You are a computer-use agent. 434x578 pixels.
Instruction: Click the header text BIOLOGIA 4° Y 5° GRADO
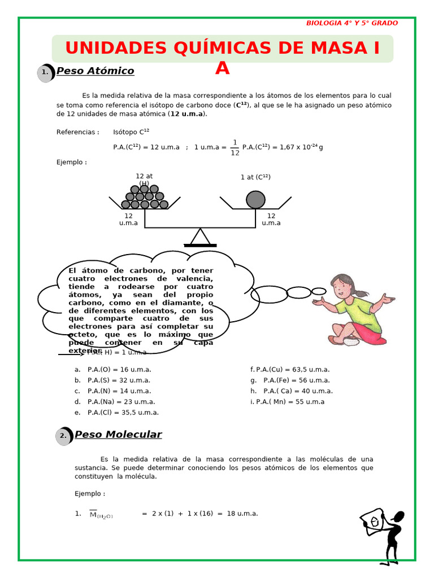tap(351, 23)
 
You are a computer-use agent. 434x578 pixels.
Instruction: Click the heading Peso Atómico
tap(95, 71)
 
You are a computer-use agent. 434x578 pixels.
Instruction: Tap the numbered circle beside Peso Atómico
tap(45, 72)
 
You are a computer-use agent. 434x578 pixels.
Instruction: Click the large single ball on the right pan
tap(255, 199)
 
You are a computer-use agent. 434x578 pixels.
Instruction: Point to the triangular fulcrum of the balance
tap(200, 238)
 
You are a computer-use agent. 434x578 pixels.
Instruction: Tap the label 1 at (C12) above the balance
tap(255, 177)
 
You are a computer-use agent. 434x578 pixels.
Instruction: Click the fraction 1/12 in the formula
tap(235, 147)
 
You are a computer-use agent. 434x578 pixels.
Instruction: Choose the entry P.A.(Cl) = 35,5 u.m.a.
tap(123, 413)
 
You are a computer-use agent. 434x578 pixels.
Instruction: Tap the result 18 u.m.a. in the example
tap(242, 513)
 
